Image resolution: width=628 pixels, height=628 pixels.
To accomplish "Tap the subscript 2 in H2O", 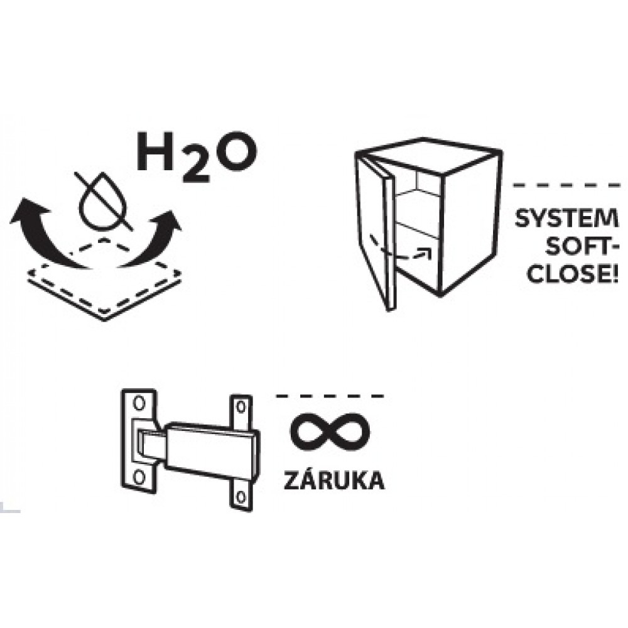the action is click(x=196, y=168).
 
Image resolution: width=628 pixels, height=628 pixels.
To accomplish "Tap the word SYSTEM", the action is click(x=566, y=219).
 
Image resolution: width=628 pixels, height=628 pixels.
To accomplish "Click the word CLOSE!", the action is click(x=573, y=274).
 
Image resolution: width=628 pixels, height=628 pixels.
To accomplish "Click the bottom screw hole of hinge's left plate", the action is click(x=139, y=477).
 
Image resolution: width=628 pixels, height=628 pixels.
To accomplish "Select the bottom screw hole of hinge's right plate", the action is click(x=241, y=497).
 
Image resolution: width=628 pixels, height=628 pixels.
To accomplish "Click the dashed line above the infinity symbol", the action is click(x=330, y=396).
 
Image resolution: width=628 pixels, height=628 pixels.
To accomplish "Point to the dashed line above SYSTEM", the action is click(x=566, y=185).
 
